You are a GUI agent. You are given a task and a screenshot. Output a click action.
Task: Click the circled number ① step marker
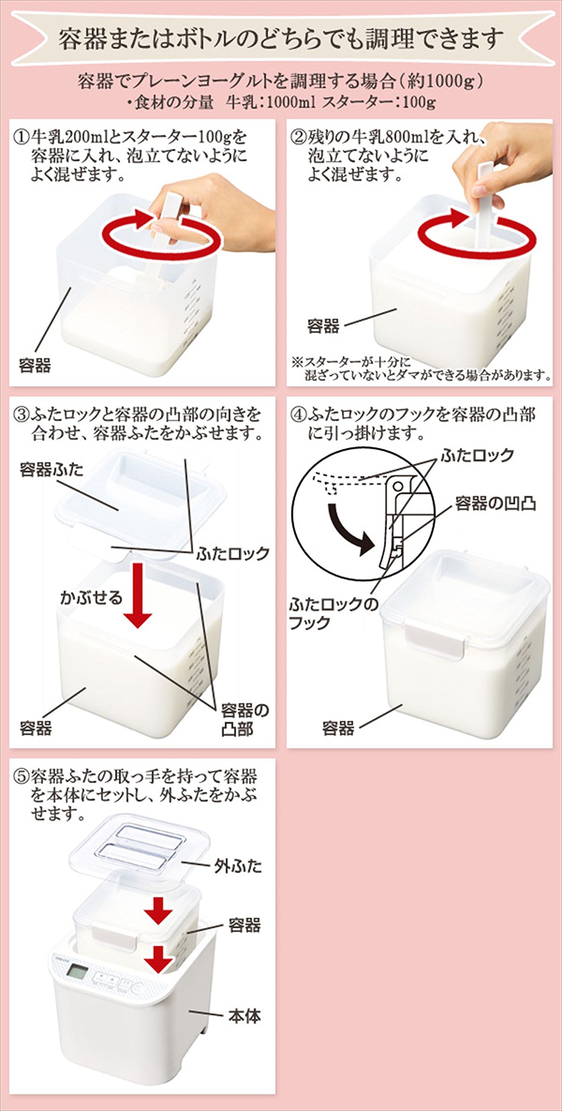pos(21,138)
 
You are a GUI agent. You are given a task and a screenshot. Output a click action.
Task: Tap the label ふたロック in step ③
pos(233,554)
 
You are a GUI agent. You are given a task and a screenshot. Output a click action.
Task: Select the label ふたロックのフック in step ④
pos(333,613)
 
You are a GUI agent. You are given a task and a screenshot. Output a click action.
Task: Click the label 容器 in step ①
pos(35,365)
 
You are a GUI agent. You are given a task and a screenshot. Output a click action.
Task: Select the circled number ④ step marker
pos(298,415)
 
